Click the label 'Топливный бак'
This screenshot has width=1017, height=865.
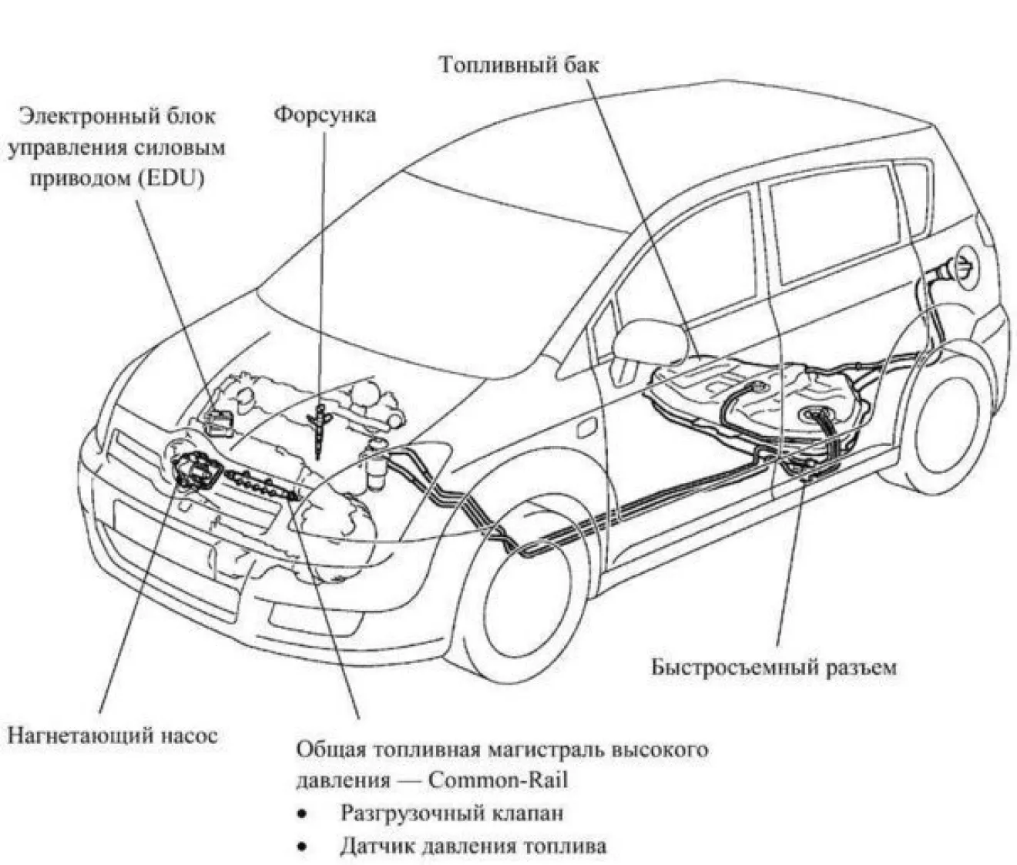point(519,65)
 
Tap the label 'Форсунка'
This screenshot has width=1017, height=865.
point(326,116)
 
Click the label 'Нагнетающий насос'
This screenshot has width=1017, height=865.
point(112,735)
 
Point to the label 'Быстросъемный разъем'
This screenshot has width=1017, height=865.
point(774,666)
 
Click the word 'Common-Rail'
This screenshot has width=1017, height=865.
point(498,780)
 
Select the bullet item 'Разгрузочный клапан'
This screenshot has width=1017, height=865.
point(451,813)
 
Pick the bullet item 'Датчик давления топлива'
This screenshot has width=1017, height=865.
point(473,846)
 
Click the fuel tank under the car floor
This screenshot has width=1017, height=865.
point(755,393)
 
